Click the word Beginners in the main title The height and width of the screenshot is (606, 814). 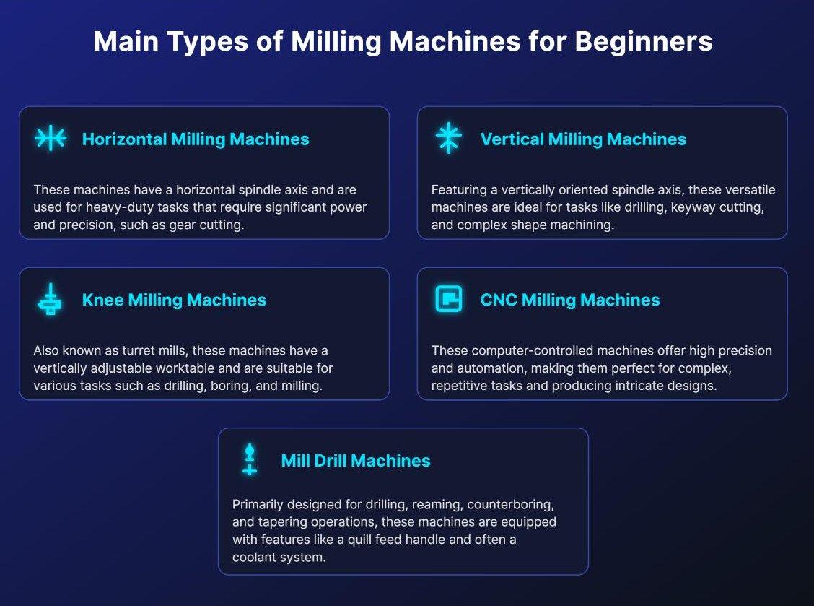point(644,42)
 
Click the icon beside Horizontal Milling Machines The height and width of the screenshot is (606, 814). point(51,138)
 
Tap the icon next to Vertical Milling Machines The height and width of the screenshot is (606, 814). point(448,138)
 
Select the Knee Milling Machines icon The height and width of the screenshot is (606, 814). point(50,299)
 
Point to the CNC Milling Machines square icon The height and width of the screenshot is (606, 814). point(448,299)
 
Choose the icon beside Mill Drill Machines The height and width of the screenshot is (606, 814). point(250,460)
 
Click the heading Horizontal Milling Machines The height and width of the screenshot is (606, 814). point(196,139)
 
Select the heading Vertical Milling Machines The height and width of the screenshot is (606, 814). point(583,139)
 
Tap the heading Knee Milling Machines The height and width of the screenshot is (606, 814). point(174,300)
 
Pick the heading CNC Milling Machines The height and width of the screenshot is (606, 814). point(570,300)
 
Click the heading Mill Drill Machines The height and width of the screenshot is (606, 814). point(356,461)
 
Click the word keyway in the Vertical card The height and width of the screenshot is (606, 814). point(680,207)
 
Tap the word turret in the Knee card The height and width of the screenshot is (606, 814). point(128,351)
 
